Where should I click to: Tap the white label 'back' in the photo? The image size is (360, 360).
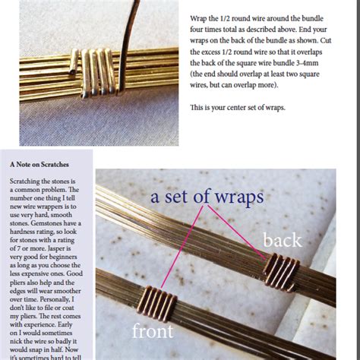coord(281,240)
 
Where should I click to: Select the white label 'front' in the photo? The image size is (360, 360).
coord(152,331)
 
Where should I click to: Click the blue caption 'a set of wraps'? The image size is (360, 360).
coord(207,198)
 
